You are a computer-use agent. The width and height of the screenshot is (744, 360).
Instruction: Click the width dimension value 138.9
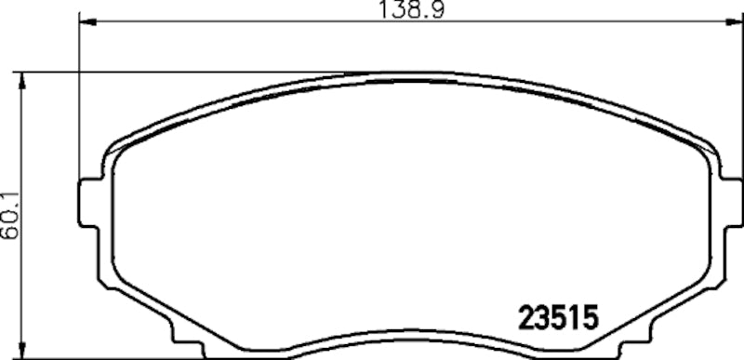[405, 10]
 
